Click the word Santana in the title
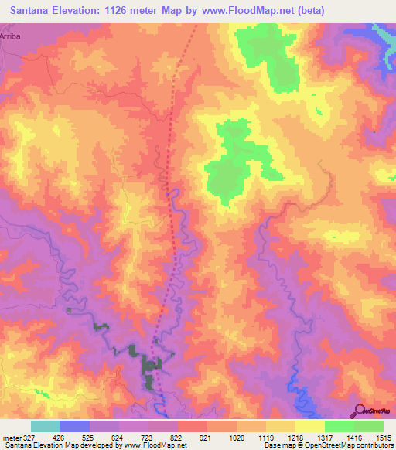click(36, 11)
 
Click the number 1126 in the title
click(135, 11)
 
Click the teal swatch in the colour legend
click(46, 426)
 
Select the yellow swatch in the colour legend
click(309, 426)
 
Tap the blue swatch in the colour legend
click(75, 426)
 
